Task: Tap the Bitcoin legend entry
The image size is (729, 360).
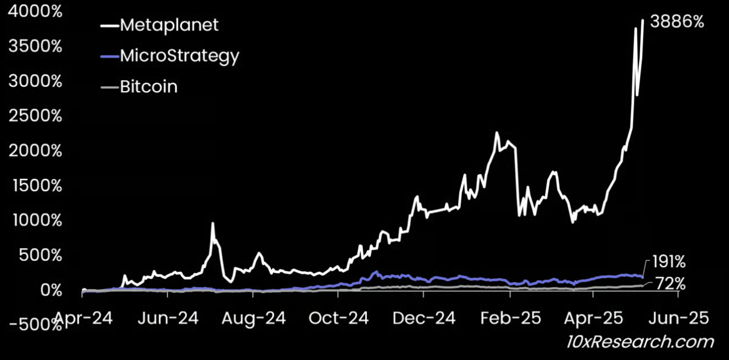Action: pyautogui.click(x=148, y=87)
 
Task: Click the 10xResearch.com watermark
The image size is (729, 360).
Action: pyautogui.click(x=640, y=342)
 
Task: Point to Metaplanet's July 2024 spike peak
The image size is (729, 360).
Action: pyautogui.click(x=213, y=224)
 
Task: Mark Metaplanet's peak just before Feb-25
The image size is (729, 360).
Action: pyautogui.click(x=496, y=133)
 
